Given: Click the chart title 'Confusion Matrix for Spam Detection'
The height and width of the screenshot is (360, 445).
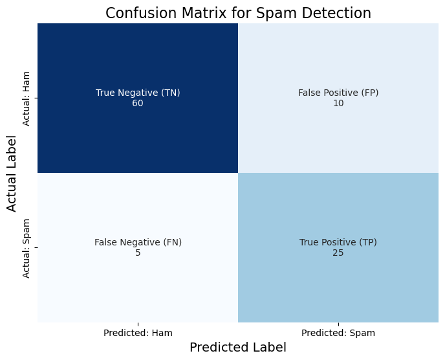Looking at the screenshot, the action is (238, 14).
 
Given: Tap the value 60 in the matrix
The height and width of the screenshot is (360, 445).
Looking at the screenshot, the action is (138, 103).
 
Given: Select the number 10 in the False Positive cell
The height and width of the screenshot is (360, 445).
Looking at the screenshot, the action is (338, 103).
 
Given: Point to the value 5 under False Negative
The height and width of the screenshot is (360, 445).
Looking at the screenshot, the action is (138, 253).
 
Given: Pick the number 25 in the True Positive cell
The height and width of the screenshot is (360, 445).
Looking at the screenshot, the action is (338, 253).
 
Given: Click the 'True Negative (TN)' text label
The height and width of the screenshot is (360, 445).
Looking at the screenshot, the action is (138, 93).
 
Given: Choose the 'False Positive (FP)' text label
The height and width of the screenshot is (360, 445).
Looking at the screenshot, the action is (338, 93).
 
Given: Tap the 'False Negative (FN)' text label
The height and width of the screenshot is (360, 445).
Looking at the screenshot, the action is (138, 242).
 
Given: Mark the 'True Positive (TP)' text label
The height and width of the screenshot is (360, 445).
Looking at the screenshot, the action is (338, 242).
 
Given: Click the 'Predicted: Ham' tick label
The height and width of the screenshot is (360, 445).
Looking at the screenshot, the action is (138, 333).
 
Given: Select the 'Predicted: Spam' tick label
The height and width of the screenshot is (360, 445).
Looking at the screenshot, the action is (338, 333).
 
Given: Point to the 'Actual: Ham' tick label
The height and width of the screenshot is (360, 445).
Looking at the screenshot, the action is (26, 98).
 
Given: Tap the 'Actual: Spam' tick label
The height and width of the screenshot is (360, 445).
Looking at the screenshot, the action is (26, 249).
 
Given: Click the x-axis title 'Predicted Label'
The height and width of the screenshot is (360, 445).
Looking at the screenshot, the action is (238, 347).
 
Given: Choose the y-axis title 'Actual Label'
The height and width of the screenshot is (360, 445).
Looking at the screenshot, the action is (12, 174).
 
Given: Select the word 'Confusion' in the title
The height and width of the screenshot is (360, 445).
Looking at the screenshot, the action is (142, 14).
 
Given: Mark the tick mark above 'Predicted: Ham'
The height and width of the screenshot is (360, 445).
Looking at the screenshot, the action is (138, 324).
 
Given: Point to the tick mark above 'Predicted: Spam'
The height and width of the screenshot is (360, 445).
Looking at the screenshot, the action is (338, 324).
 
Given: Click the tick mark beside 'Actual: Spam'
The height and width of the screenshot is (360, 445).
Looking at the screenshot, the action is (36, 248).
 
